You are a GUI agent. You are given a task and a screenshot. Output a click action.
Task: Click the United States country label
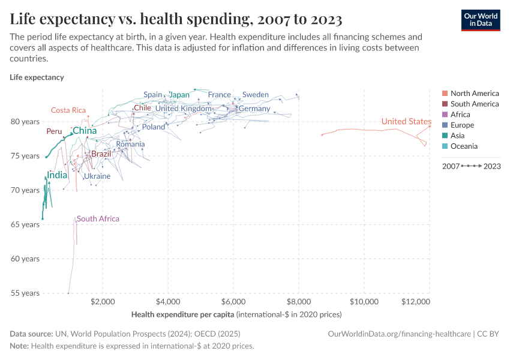[406, 122]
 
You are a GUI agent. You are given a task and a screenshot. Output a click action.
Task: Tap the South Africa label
[98, 219]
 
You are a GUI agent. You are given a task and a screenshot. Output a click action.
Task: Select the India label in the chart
[57, 175]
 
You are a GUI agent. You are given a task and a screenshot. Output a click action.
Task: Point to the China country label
[85, 131]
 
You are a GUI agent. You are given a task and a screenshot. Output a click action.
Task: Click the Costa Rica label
[68, 110]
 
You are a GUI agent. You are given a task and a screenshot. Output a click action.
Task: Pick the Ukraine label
[97, 176]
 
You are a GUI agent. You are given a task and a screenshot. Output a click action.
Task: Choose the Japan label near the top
[179, 95]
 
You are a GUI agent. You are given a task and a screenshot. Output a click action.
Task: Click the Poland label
[154, 127]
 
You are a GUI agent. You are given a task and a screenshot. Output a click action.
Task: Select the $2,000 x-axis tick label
[103, 302]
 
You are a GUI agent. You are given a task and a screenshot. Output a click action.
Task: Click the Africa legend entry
[460, 115]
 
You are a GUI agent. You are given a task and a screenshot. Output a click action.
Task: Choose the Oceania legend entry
[464, 146]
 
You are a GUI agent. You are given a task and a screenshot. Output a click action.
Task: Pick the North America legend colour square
[445, 94]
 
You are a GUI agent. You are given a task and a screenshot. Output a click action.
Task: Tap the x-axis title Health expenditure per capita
[183, 314]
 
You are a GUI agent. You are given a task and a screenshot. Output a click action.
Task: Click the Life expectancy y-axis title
[37, 77]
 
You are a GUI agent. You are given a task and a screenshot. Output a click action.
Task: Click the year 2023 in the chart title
[326, 19]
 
